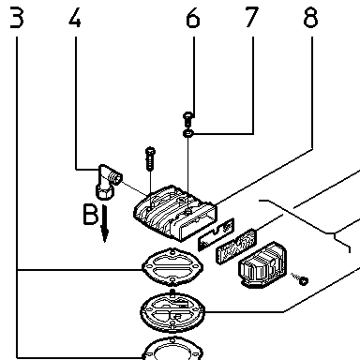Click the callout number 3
pyautogui.click(x=17, y=18)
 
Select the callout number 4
pyautogui.click(x=75, y=18)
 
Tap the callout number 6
pyautogui.click(x=192, y=18)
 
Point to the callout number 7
pyautogui.click(x=251, y=18)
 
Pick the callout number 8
pyautogui.click(x=310, y=18)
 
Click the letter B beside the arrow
pyautogui.click(x=90, y=215)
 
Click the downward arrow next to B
pyautogui.click(x=105, y=223)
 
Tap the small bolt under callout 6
pyautogui.click(x=188, y=118)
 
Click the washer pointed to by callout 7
pyautogui.click(x=188, y=133)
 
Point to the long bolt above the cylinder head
pyautogui.click(x=150, y=158)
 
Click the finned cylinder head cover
pyautogui.click(x=174, y=213)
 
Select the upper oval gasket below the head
pyautogui.click(x=172, y=266)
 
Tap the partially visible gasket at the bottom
pyautogui.click(x=172, y=349)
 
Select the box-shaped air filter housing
pyautogui.click(x=262, y=264)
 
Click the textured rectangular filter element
pyautogui.click(x=236, y=246)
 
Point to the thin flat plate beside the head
pyautogui.click(x=216, y=234)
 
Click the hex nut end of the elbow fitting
pyautogui.click(x=105, y=191)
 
